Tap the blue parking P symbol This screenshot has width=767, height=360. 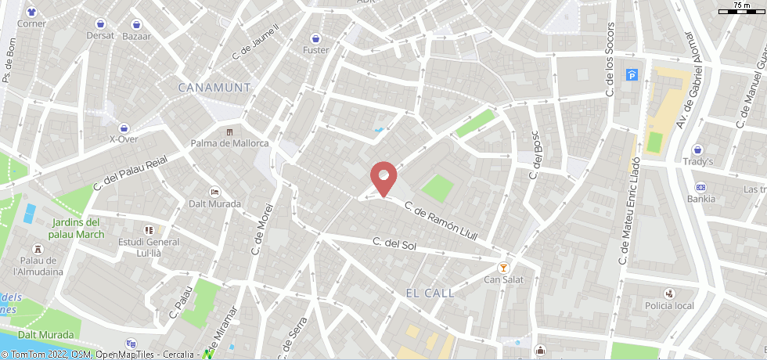click(632, 75)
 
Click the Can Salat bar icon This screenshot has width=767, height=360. click(503, 266)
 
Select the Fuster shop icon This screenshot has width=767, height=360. click(315, 38)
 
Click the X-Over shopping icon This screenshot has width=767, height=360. click(124, 128)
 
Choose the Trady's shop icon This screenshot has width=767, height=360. click(697, 149)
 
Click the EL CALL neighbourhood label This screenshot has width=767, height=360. click(430, 293)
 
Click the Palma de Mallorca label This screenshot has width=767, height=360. click(229, 143)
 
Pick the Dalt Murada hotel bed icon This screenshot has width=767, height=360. click(214, 192)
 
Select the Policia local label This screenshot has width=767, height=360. click(669, 305)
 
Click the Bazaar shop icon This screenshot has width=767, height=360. click(137, 24)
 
